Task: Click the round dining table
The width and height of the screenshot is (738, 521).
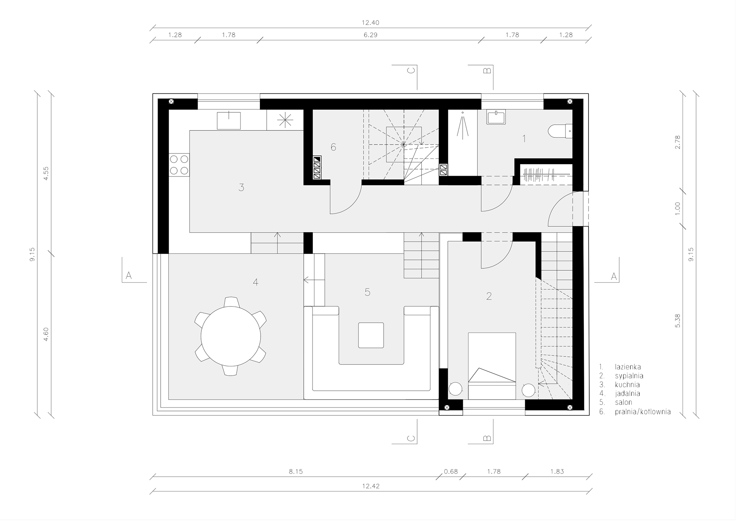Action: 231,336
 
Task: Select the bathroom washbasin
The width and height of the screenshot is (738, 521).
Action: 496,117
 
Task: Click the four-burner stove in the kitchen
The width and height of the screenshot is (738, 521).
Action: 179,165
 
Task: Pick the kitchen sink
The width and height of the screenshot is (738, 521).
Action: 229,120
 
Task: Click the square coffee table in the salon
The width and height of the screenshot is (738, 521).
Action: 371,335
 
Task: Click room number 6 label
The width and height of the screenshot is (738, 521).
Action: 333,147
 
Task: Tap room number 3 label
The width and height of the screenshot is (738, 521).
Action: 241,188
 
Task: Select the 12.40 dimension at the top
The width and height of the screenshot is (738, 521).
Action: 371,23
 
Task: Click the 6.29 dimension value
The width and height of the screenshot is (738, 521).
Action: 371,35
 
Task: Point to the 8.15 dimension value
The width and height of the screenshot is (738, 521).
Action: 296,471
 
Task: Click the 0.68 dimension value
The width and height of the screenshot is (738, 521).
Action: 451,471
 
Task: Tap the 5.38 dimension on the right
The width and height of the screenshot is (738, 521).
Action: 677,321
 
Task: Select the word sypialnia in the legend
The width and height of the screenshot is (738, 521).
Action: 629,376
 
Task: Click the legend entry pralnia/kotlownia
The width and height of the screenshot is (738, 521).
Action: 643,412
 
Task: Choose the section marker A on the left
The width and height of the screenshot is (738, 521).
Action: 129,275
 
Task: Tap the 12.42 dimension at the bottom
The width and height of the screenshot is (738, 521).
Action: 371,486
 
